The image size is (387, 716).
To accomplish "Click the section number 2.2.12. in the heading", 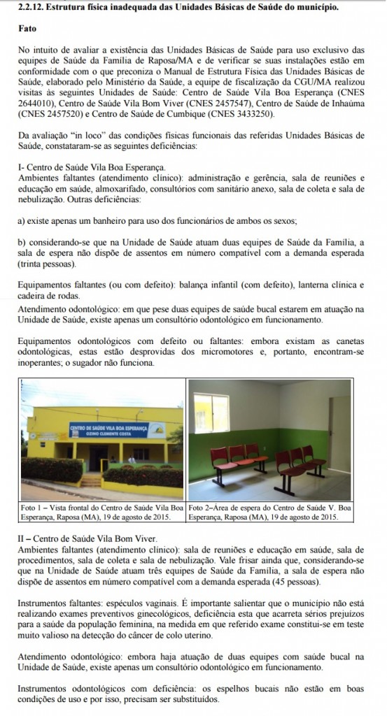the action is [x=31, y=8].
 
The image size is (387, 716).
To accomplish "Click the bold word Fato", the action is [x=27, y=31].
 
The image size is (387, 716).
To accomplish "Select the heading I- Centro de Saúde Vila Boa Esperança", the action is [x=92, y=168].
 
